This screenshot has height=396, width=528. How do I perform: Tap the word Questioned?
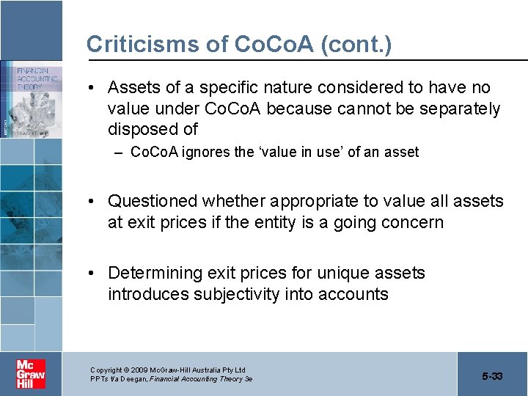click(153, 201)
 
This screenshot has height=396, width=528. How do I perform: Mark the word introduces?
click(147, 295)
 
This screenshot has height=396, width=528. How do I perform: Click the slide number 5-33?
click(492, 376)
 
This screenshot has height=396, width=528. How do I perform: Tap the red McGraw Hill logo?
click(31, 374)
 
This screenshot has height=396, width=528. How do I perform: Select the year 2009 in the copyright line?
click(142, 370)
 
